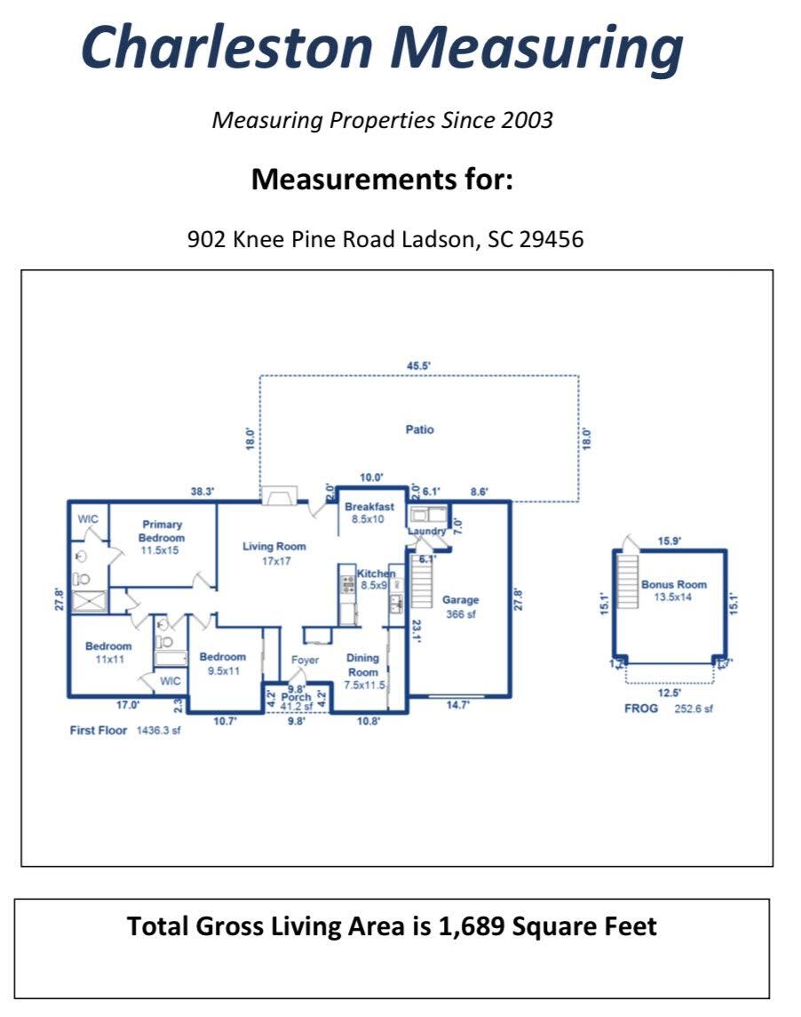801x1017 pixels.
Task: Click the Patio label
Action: tap(419, 429)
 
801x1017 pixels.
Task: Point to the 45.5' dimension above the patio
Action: tap(419, 365)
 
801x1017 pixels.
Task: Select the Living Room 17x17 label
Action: tap(274, 553)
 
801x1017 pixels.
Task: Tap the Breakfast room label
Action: tap(369, 512)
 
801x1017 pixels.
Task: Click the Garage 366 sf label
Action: tap(460, 606)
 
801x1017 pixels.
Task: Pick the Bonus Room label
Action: tap(674, 590)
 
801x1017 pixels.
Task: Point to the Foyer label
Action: tap(305, 660)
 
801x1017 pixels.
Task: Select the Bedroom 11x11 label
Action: tap(108, 653)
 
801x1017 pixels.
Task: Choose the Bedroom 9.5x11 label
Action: tap(222, 663)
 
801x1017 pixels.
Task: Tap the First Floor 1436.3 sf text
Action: tap(125, 730)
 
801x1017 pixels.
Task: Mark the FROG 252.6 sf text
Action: tap(669, 709)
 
